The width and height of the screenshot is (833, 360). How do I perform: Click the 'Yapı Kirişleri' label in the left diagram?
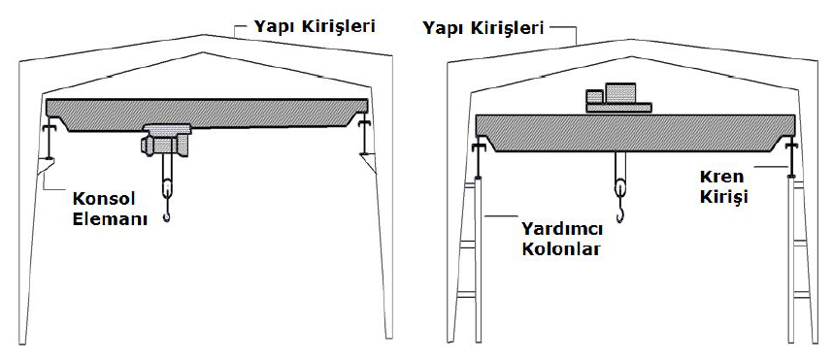(314, 27)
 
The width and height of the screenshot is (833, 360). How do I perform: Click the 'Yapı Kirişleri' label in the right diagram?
(483, 27)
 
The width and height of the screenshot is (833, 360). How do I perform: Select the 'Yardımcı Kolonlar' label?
(562, 240)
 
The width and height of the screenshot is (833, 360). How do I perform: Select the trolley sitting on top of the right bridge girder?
(618, 98)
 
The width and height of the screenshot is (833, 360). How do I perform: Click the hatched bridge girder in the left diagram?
(207, 114)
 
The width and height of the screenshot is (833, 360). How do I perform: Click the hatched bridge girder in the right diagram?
(635, 133)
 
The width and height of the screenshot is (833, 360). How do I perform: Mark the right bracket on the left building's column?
(369, 162)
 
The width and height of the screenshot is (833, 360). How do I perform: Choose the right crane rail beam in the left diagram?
(364, 138)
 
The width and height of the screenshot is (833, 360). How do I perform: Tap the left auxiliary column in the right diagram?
(478, 259)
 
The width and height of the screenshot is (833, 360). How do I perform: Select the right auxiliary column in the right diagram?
(791, 259)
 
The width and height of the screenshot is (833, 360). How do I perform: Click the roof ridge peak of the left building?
(204, 35)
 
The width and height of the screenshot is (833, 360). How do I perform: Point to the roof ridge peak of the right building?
(631, 38)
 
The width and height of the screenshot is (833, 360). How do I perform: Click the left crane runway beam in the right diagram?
(479, 159)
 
